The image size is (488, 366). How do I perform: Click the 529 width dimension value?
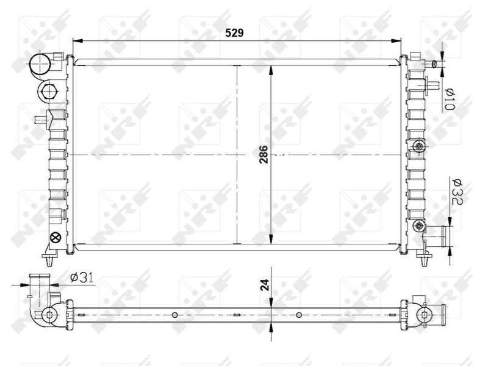coord(234,33)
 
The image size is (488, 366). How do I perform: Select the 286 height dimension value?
coord(264,155)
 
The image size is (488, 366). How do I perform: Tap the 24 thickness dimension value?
coord(265,285)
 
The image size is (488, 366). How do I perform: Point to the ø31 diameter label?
coord(82,277)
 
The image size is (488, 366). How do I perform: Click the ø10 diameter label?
coord(450,100)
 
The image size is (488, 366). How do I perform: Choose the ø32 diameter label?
coord(457,192)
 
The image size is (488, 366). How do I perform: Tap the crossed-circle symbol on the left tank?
coord(56,238)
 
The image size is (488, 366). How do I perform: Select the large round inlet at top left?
coord(40,65)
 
